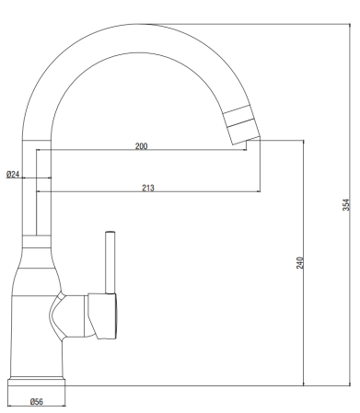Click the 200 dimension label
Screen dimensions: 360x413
(141, 146)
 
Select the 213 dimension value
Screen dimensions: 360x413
(148, 188)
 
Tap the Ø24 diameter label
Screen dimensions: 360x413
(13, 174)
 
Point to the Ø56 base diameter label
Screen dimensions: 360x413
(37, 401)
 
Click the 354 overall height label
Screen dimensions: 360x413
(346, 205)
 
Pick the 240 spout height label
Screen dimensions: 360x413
(300, 263)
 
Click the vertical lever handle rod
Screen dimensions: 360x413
(110, 262)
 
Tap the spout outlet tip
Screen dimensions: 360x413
(247, 141)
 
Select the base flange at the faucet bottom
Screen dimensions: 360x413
(37, 382)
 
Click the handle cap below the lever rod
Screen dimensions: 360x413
(102, 316)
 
